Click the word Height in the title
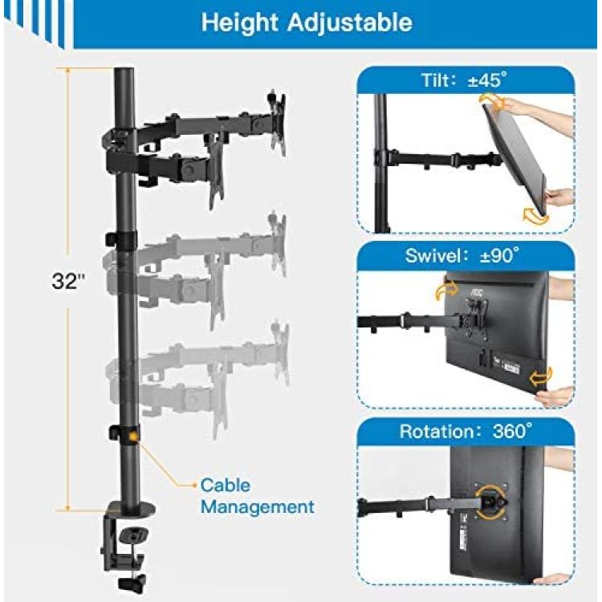[239, 22]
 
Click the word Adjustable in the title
[350, 22]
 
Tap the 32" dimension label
[68, 281]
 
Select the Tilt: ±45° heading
[464, 80]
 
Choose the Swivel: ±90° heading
[462, 255]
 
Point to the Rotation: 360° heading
[466, 431]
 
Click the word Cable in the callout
[226, 486]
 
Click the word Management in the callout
[257, 507]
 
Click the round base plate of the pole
[131, 509]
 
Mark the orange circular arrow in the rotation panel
[489, 502]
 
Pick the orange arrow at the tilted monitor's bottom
[535, 216]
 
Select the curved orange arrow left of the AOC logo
[446, 291]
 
